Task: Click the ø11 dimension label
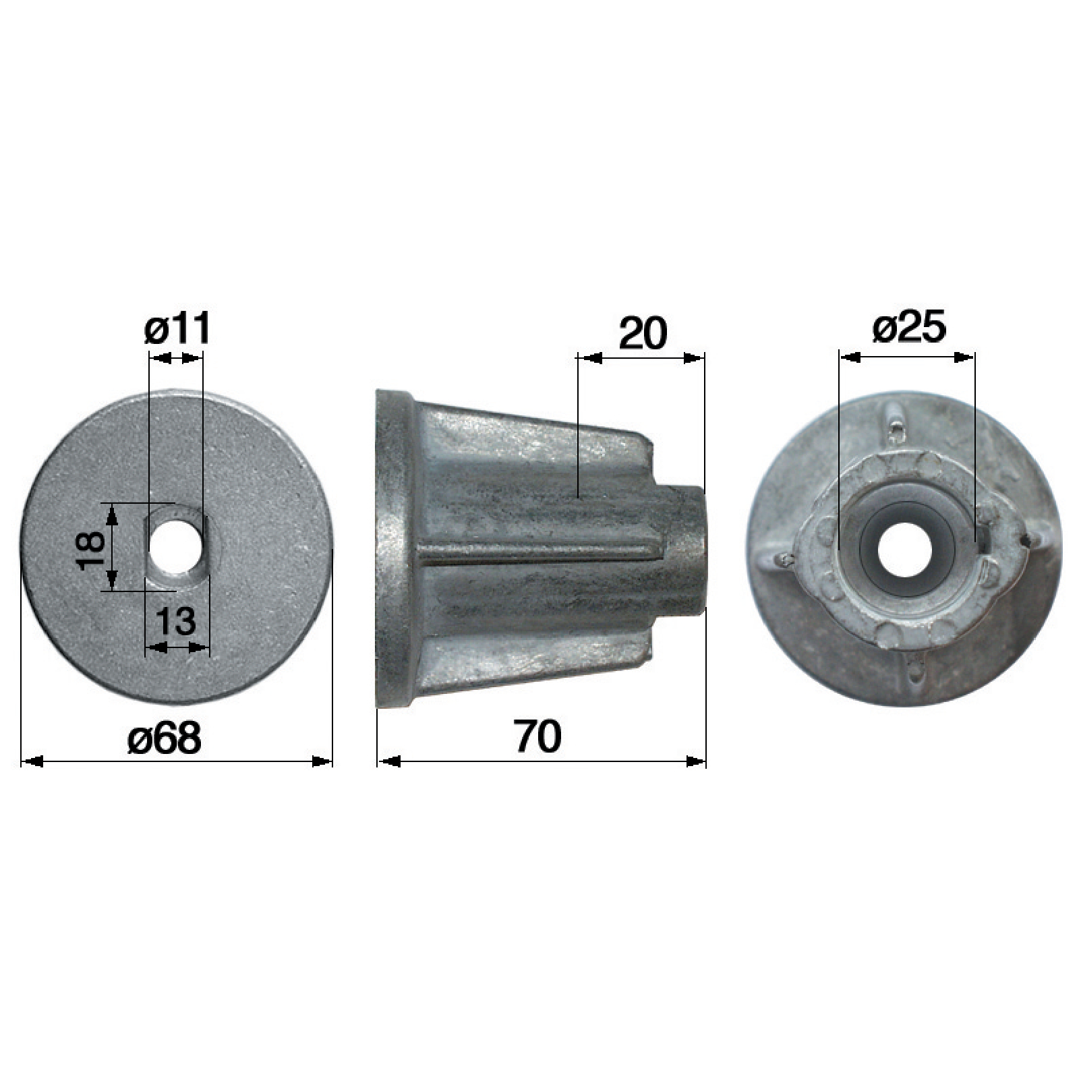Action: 177,330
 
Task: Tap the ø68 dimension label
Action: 164,738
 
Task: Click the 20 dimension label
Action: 642,332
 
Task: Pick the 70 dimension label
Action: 537,736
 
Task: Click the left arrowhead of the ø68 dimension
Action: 32,761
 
